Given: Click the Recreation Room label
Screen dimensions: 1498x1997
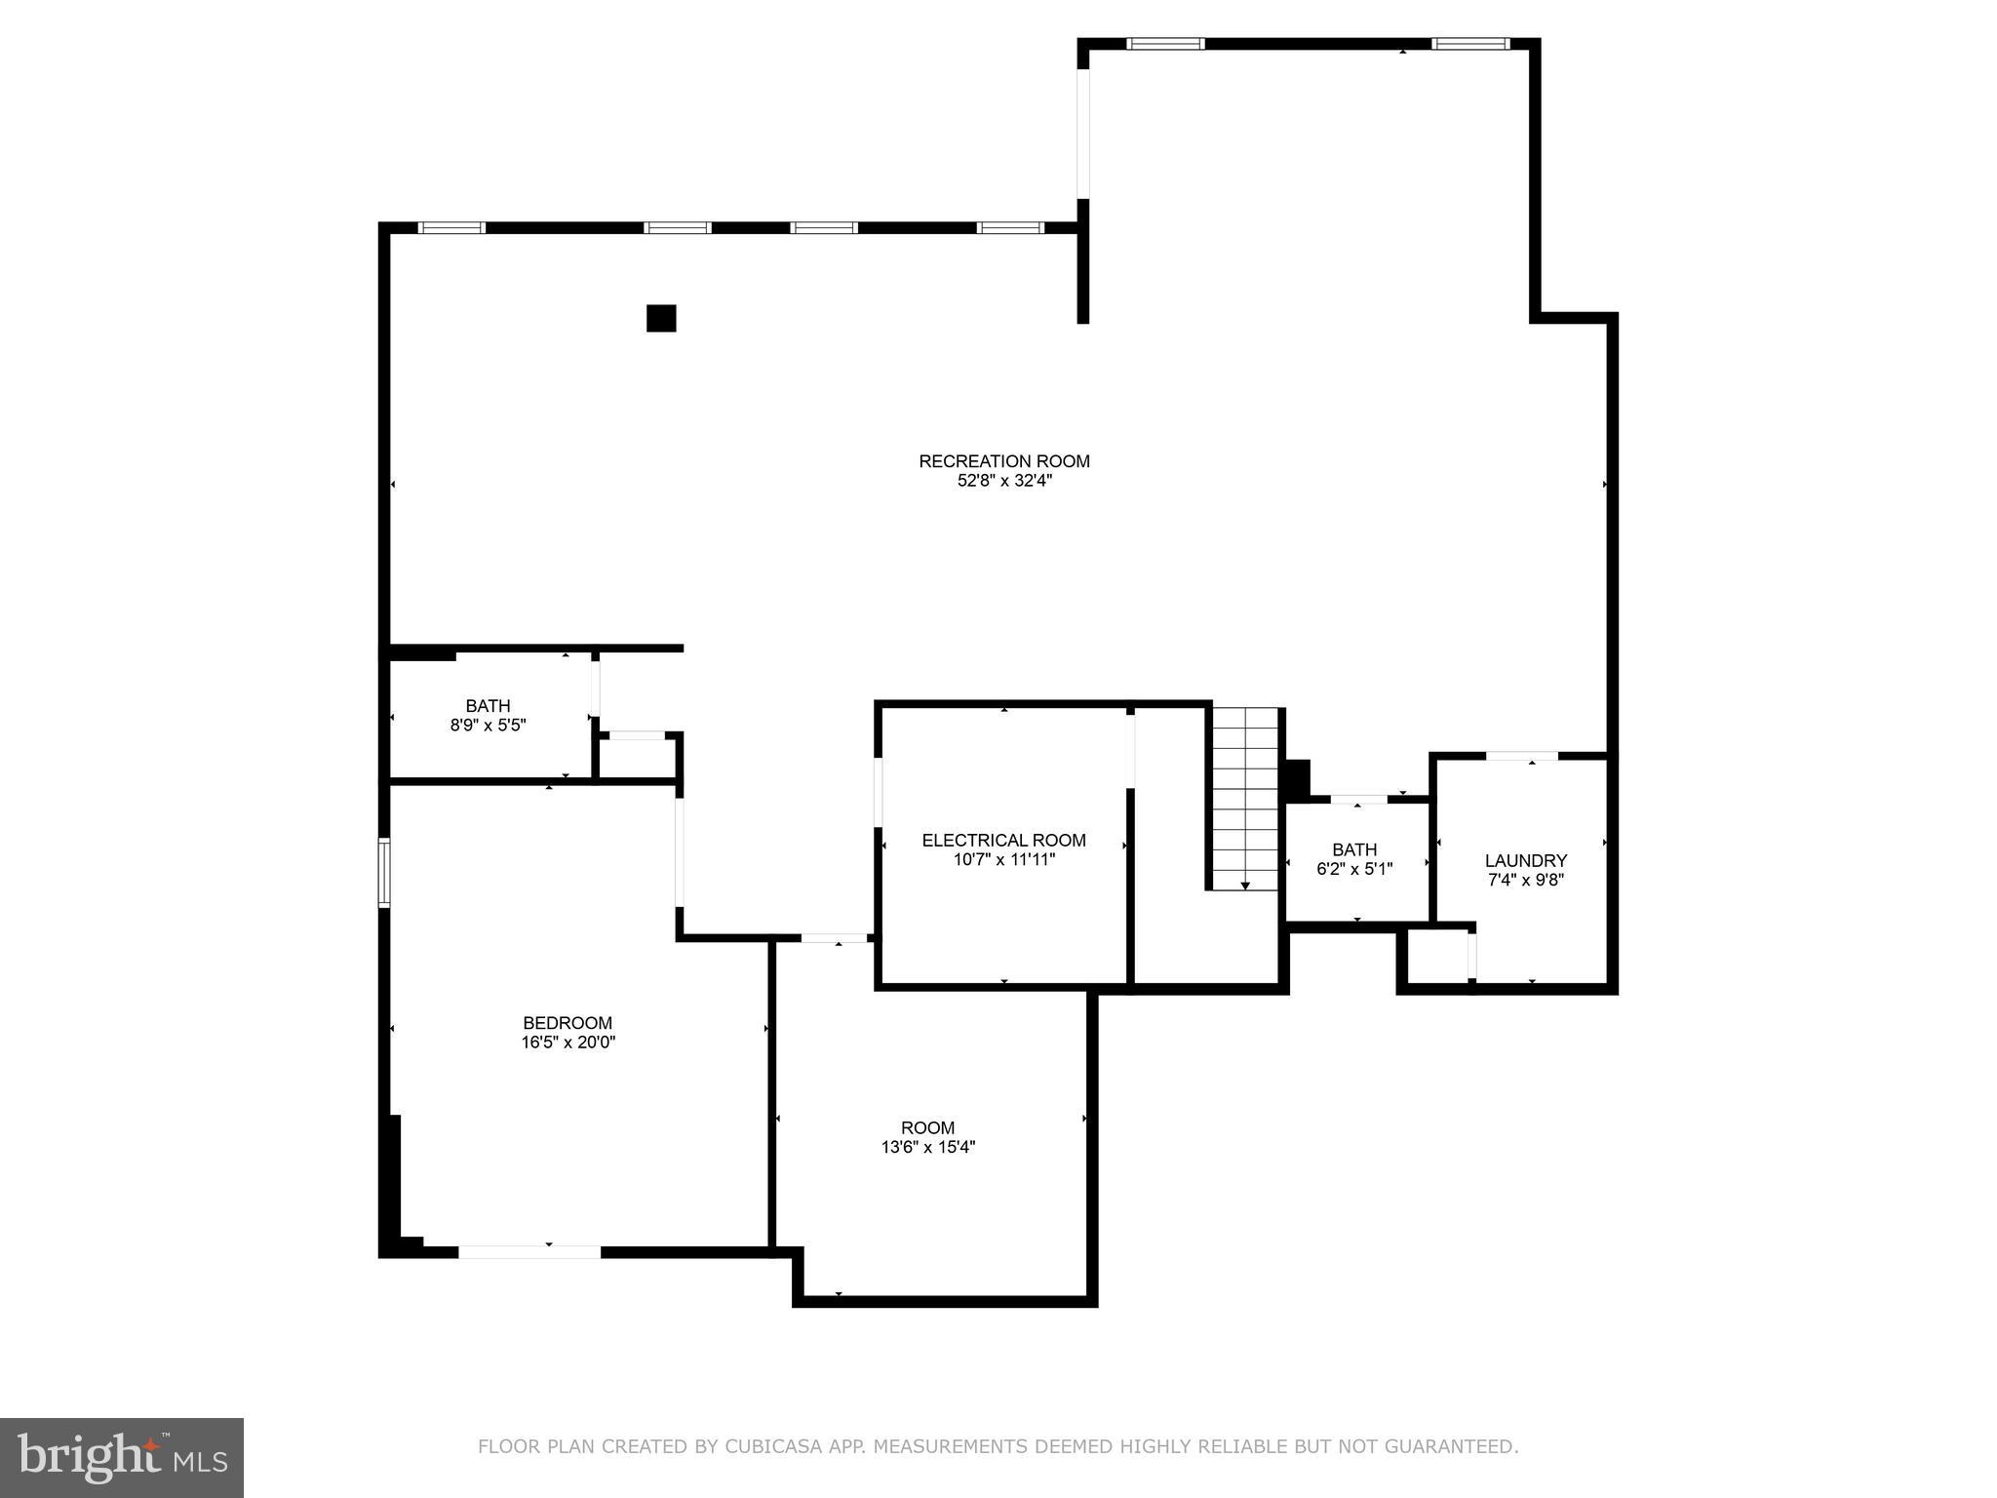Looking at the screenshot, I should [1003, 461].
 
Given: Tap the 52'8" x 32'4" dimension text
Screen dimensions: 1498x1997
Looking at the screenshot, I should [1003, 481].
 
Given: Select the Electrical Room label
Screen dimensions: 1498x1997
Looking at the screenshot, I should [1003, 840].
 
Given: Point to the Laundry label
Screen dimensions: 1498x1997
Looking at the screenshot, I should [1525, 860].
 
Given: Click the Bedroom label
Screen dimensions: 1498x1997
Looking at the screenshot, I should [568, 1023].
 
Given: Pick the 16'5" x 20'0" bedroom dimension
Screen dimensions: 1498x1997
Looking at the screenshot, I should [568, 1043].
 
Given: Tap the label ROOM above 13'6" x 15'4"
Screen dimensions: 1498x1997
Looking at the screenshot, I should [927, 1128].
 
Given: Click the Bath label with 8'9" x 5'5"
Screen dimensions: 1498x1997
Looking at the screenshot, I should [488, 706].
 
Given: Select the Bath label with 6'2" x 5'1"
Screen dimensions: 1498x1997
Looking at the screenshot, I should [1353, 849].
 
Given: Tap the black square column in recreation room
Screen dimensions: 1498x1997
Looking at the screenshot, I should [661, 319].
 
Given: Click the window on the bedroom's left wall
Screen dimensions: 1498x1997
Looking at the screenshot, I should [384, 872].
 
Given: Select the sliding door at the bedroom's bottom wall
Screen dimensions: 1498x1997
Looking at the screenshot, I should [529, 1251].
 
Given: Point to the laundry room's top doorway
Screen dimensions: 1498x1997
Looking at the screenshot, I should [1521, 756].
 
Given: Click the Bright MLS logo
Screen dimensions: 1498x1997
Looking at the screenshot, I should [122, 1457].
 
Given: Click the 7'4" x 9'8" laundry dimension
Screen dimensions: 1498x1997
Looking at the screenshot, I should [1525, 880].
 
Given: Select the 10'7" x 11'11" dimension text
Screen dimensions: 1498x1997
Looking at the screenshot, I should [1003, 859].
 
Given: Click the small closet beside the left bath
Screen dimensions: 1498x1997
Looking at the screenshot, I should [637, 758].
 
